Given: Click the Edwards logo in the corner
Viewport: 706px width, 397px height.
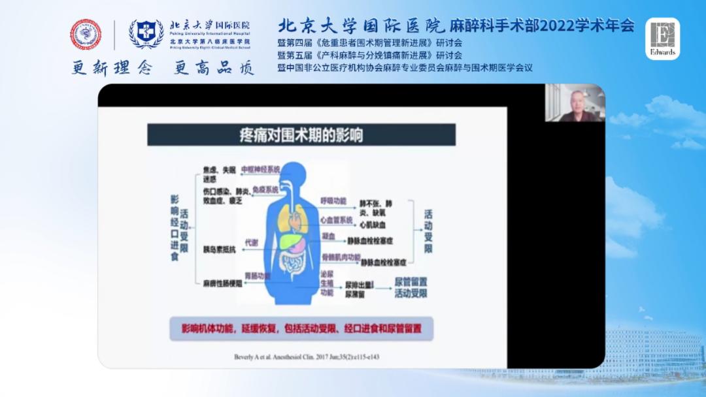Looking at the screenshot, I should click(x=662, y=39).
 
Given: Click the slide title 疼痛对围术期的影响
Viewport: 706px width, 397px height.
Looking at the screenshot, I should click(x=300, y=135).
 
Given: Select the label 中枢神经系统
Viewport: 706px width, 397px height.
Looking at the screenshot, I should click(x=260, y=169).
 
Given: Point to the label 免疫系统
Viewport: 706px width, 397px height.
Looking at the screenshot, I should click(x=266, y=189).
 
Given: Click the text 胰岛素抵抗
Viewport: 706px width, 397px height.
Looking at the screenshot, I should click(x=219, y=248).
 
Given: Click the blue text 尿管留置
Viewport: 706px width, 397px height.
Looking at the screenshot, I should click(x=411, y=281).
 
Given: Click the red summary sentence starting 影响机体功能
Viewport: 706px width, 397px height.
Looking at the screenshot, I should click(x=301, y=328).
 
